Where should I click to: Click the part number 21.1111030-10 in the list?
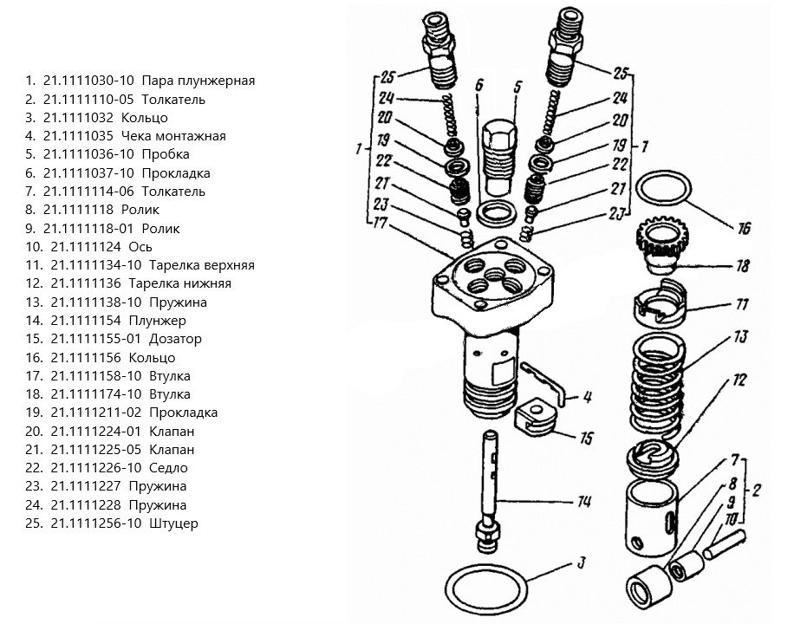coord(88,81)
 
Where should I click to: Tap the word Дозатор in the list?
coord(175,339)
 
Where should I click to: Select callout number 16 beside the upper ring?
coord(743,229)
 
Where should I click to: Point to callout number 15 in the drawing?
coord(586,439)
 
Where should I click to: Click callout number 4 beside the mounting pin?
coord(587,398)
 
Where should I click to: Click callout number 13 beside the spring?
coord(739,336)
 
